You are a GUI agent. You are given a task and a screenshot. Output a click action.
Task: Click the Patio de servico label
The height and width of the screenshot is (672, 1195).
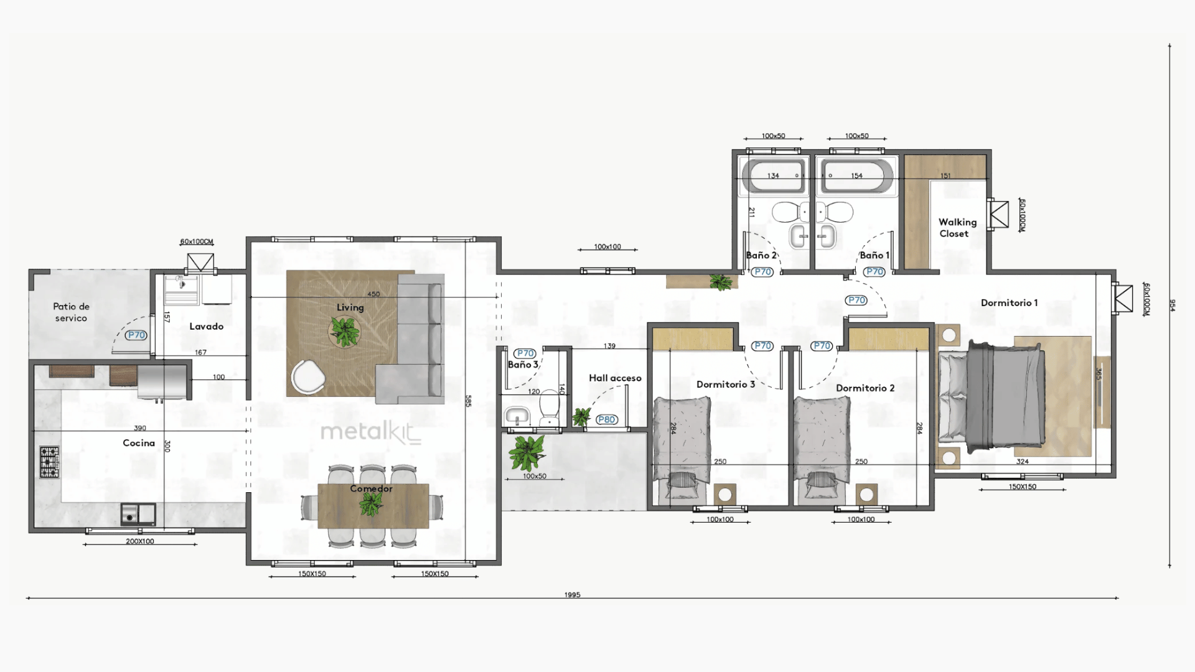[71, 312]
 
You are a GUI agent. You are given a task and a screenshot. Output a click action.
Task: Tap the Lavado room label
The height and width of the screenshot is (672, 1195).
[206, 326]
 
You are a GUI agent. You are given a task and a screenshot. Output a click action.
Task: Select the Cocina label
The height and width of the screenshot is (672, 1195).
[139, 443]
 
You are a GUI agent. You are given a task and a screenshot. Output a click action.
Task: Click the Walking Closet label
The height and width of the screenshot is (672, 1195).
[957, 228]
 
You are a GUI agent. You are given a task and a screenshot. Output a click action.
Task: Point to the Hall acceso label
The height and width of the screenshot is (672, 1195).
[615, 378]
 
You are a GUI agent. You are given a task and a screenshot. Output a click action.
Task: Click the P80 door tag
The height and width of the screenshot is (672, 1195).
[606, 419]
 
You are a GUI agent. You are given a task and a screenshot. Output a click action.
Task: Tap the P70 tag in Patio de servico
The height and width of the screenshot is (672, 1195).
[136, 335]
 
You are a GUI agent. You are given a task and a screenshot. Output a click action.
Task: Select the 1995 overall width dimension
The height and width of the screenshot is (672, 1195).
[572, 595]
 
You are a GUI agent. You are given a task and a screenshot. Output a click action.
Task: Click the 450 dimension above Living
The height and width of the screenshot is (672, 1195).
[373, 294]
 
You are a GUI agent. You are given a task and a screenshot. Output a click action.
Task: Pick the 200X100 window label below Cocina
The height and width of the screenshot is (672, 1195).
[140, 541]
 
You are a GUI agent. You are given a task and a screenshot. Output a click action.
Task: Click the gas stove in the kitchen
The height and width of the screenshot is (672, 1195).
[50, 462]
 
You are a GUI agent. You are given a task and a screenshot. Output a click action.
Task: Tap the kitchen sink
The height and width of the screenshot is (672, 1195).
[138, 514]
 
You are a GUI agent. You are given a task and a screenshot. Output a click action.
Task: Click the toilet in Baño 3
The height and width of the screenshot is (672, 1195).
[549, 407]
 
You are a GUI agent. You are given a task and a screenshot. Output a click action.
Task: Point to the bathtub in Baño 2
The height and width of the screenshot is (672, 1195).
[774, 175]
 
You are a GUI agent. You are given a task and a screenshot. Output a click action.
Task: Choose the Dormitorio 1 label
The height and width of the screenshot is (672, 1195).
[1010, 303]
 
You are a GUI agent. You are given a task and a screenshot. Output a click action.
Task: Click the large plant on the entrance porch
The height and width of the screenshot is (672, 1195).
[527, 452]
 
